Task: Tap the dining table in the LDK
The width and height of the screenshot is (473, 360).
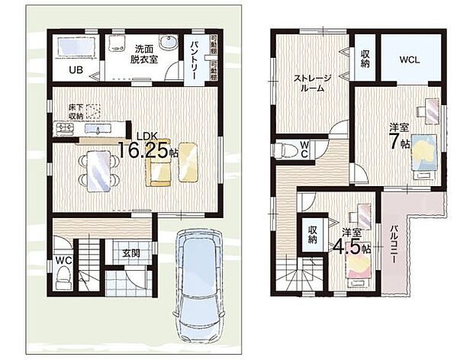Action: (97, 169)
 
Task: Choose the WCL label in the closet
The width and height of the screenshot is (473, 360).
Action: (409, 60)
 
